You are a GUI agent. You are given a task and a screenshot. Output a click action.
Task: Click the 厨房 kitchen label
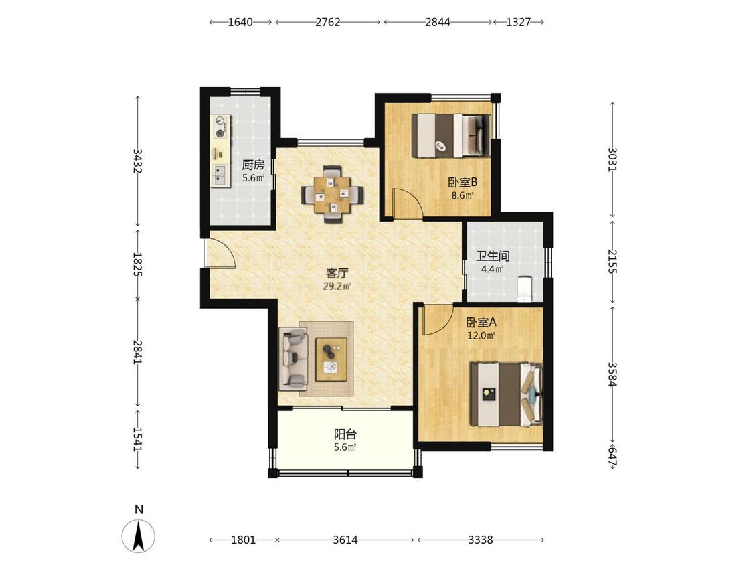253,165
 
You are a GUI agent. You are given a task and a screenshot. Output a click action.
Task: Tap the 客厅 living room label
337,273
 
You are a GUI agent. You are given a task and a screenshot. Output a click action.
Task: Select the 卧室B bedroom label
463,183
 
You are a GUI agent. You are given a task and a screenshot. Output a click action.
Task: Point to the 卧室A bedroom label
481,322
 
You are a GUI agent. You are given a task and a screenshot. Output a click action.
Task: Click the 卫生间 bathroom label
493,256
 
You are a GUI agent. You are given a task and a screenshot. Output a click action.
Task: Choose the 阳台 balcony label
345,434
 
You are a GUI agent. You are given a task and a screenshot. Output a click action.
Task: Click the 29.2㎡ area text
337,287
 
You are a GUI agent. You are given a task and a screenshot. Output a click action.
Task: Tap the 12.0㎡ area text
481,335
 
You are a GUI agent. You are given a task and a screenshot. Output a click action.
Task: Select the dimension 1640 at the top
240,22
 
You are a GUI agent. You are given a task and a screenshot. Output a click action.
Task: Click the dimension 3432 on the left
137,161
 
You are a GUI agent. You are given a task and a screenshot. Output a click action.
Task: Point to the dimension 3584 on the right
612,374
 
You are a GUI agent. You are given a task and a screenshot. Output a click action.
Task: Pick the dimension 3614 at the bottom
345,540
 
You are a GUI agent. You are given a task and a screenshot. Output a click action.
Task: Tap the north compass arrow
139,536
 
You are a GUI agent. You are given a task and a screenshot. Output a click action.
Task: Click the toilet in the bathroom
524,289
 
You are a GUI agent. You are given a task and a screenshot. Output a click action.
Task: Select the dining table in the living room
332,194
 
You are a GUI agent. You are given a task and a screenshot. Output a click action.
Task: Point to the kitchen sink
220,175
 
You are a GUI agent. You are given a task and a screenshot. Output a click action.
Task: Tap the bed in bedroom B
451,135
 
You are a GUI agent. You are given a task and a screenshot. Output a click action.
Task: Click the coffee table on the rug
331,359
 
